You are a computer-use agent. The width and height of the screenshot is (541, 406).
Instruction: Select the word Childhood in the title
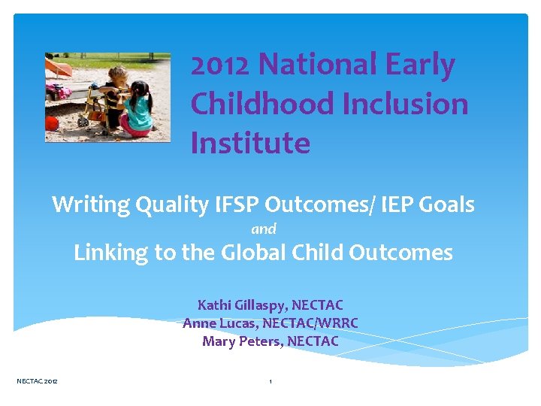click(262, 105)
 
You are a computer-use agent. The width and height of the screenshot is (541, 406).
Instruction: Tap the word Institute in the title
click(250, 143)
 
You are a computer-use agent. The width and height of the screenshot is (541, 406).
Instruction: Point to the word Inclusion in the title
click(406, 105)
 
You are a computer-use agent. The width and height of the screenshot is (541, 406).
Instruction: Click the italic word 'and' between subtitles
click(264, 229)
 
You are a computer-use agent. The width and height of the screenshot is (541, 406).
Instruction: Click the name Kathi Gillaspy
click(241, 305)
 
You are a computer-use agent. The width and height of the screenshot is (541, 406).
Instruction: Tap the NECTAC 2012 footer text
click(37, 382)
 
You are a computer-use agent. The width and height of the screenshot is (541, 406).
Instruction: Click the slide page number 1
click(270, 382)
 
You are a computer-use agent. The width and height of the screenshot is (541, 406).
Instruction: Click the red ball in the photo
click(52, 123)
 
